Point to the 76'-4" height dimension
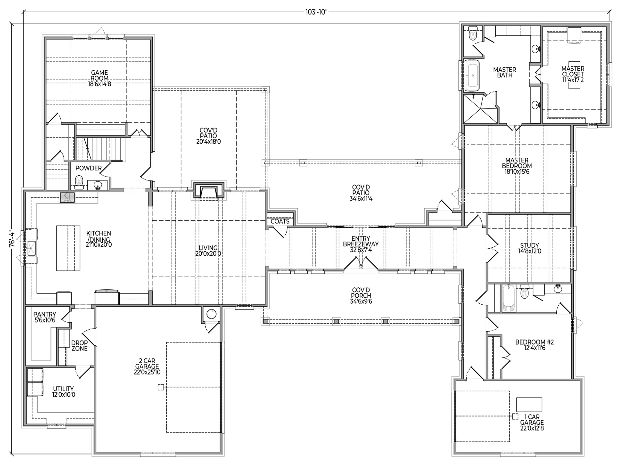[11, 240]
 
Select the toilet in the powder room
[79, 183]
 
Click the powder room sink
[98, 185]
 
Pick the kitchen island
[68, 248]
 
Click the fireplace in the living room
[209, 191]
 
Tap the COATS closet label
[280, 221]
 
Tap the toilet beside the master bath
[473, 34]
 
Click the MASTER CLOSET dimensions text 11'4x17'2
[573, 80]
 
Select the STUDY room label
[529, 245]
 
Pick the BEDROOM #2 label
[535, 342]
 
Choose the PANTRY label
[45, 314]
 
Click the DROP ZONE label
[80, 345]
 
